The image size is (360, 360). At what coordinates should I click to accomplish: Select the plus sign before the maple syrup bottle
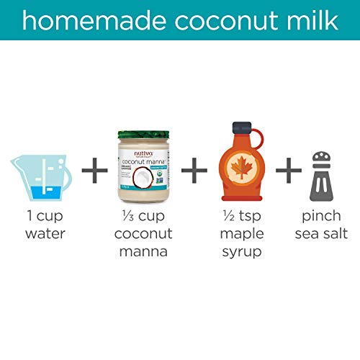pyautogui.click(x=193, y=172)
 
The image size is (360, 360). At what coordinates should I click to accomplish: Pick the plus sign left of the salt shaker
pyautogui.click(x=288, y=172)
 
